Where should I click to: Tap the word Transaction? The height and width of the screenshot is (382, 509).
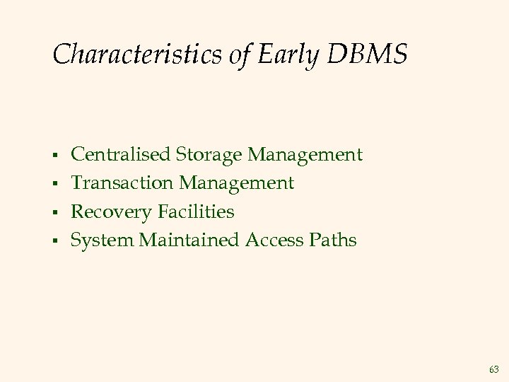pyautogui.click(x=123, y=183)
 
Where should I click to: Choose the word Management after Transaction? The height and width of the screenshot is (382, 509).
pyautogui.click(x=237, y=183)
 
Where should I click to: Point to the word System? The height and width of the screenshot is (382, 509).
pyautogui.click(x=103, y=241)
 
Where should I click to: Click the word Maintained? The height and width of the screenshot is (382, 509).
pyautogui.click(x=190, y=241)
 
